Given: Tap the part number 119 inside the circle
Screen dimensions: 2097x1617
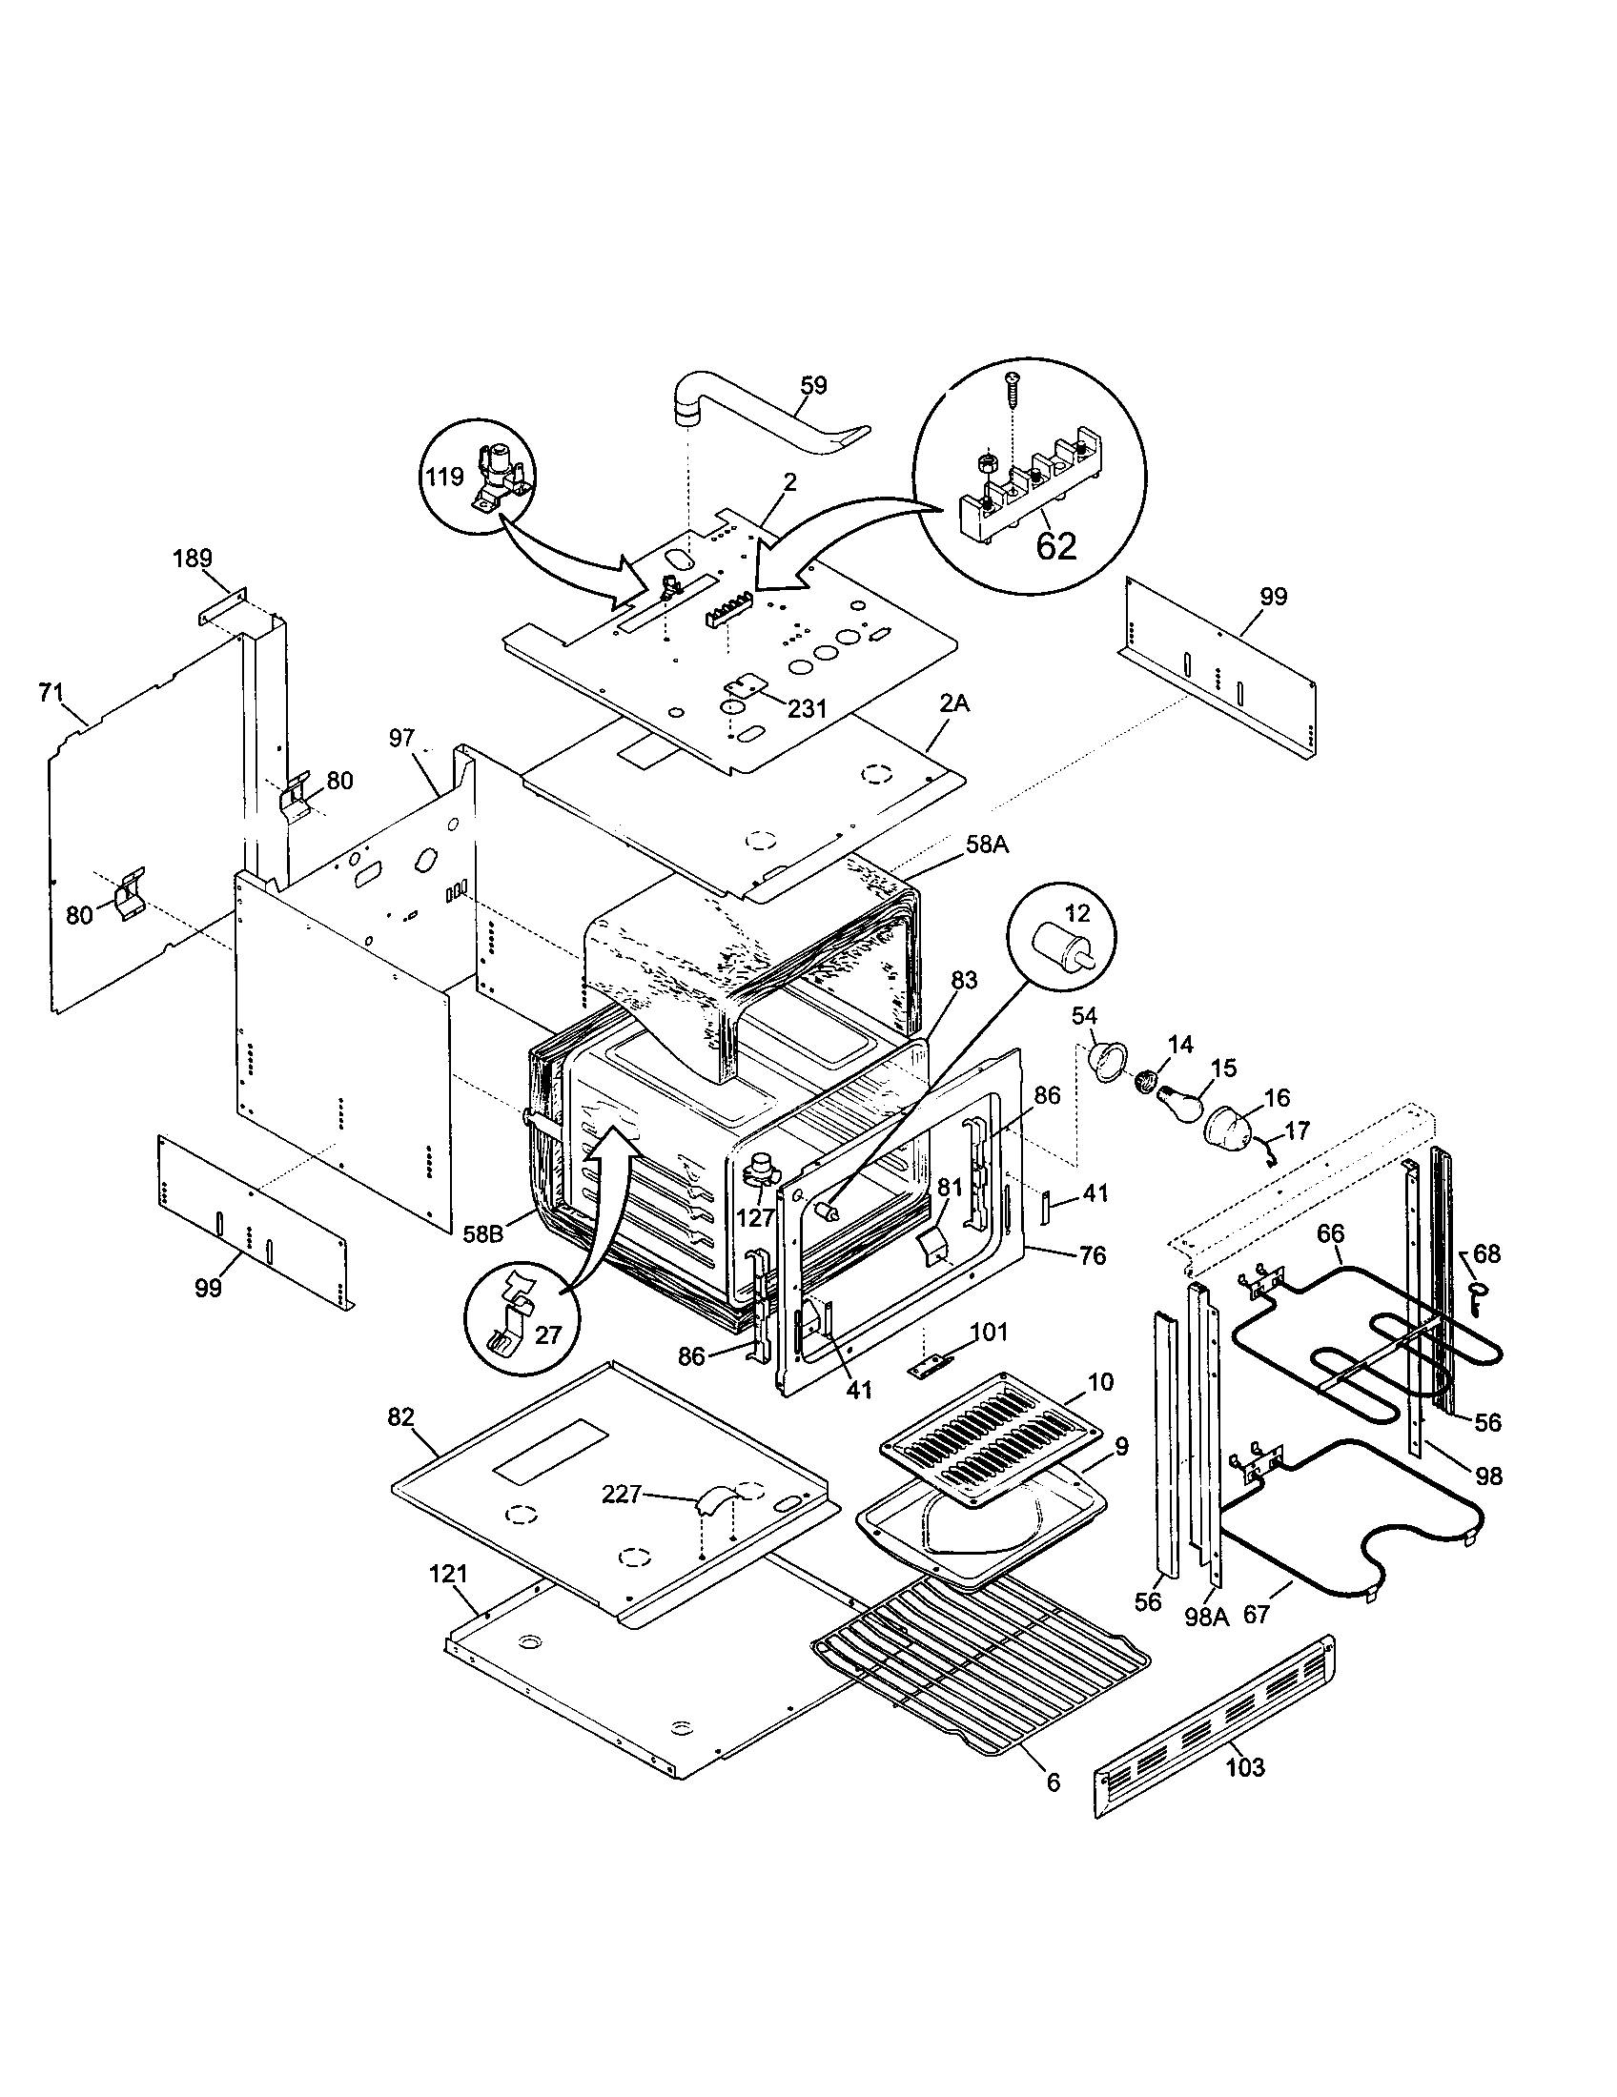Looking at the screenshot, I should [445, 478].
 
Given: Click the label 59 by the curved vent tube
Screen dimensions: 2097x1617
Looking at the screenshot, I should [813, 385].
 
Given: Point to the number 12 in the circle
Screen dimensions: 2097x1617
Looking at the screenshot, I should [1078, 914].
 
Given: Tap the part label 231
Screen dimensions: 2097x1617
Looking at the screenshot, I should [807, 707].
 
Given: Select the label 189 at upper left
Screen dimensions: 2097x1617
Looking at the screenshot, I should [193, 558].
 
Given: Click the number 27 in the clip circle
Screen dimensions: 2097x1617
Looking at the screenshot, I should [547, 1334].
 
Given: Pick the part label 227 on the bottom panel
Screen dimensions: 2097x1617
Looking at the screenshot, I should [622, 1494].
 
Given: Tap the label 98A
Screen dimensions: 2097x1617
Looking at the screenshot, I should [1206, 1617].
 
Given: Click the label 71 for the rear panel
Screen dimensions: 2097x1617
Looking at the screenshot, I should [51, 691].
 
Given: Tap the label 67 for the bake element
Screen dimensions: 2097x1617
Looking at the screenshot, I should [1257, 1615].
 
